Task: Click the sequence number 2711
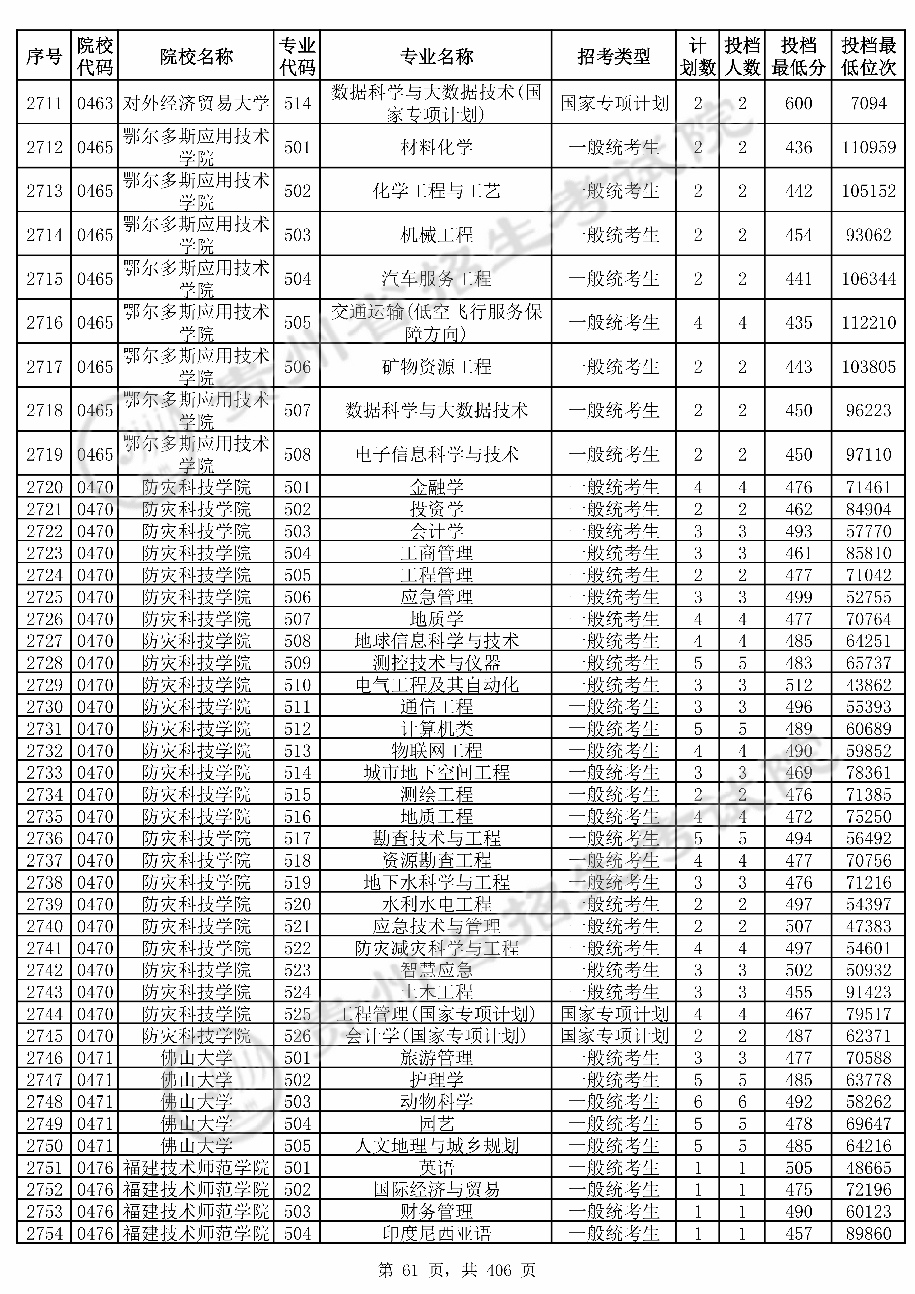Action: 45,103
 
